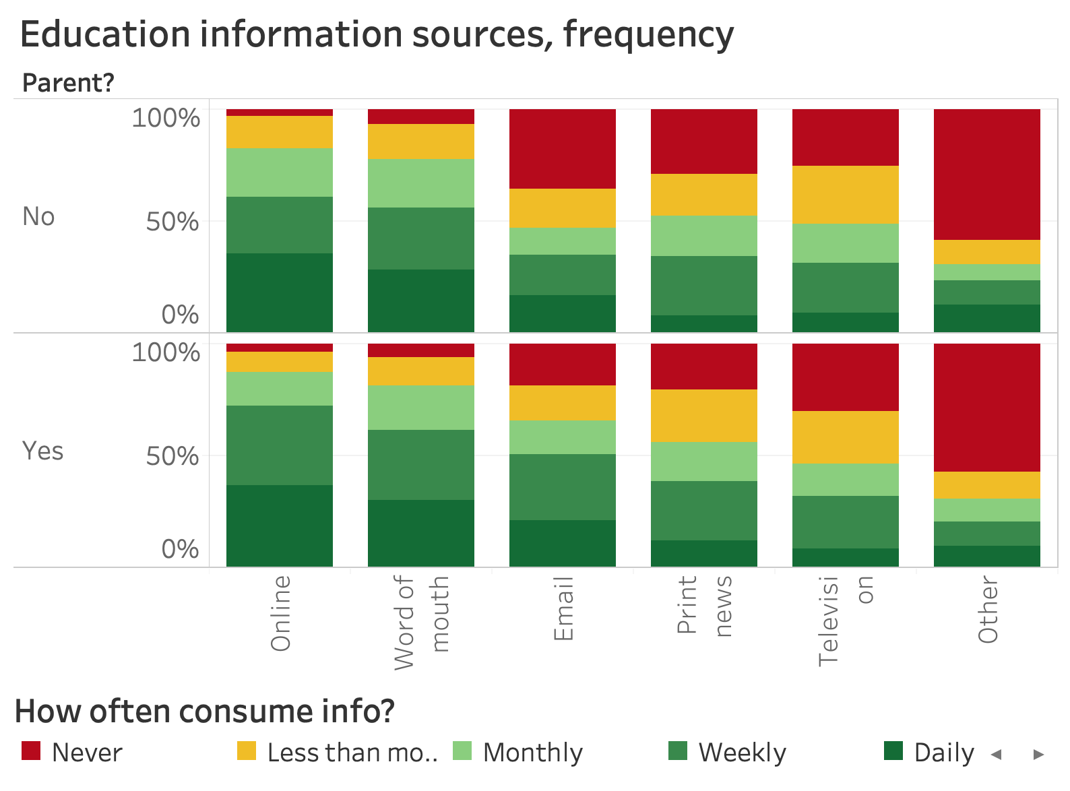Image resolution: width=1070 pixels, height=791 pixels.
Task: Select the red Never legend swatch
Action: (31, 751)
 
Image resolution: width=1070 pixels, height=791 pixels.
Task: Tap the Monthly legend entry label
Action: (532, 753)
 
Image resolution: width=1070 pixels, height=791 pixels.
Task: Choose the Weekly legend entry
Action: (742, 753)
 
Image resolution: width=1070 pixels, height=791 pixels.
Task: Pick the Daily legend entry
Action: (943, 753)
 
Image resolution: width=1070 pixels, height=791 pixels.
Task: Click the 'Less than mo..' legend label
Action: (352, 753)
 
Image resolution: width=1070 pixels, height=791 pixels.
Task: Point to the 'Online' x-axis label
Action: (280, 613)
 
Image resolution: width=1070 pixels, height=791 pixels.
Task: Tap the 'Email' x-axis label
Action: (563, 609)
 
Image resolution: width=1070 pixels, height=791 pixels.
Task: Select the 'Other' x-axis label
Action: (987, 609)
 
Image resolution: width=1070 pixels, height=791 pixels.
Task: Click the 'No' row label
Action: (38, 216)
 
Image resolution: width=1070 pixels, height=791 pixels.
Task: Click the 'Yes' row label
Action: (42, 451)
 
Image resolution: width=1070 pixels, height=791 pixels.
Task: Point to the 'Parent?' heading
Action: (68, 84)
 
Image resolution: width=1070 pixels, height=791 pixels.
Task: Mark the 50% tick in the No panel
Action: (172, 221)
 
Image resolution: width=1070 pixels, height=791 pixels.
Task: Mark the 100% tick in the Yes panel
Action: (166, 352)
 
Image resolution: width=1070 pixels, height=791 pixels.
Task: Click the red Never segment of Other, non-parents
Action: (986, 174)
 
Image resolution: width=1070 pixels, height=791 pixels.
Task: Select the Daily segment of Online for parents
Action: (280, 526)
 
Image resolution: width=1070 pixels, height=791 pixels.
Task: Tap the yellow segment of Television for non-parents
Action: (845, 195)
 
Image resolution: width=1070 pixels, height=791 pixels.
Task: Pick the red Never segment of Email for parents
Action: (563, 364)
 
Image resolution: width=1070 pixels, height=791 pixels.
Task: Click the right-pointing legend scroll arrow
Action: (1038, 754)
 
